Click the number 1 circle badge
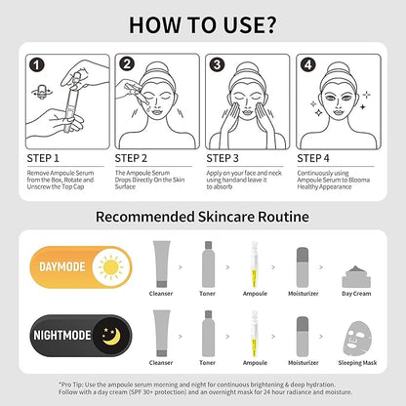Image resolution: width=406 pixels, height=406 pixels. point(37,64)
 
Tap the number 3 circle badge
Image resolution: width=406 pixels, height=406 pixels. point(217,64)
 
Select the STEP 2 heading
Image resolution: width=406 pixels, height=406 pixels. point(131,158)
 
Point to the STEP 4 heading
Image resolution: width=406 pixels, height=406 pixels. point(313,158)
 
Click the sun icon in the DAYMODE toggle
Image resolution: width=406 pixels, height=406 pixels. point(111,267)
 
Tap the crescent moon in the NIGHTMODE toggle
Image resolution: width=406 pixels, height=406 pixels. point(111,337)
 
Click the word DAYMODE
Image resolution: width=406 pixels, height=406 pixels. point(62,267)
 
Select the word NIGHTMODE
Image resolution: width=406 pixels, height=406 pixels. point(62,336)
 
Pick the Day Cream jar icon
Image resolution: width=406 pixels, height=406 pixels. point(356,277)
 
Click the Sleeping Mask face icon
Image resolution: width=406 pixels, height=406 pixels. point(357,339)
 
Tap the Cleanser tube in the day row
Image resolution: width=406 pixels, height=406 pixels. point(162,264)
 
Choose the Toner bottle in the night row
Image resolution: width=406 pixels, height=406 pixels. point(209,334)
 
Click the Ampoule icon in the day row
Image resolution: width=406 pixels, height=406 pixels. point(255,264)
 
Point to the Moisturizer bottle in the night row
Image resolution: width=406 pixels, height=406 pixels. point(303,337)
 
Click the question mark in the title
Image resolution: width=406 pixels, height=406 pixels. point(267,24)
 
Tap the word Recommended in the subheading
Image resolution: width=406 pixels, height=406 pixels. point(145,217)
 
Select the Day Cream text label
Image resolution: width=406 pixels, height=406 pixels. point(356,294)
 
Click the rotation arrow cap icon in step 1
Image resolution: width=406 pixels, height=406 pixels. point(42,91)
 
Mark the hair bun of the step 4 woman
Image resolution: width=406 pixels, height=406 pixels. point(338,68)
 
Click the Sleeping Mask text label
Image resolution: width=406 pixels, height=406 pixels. point(357,363)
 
